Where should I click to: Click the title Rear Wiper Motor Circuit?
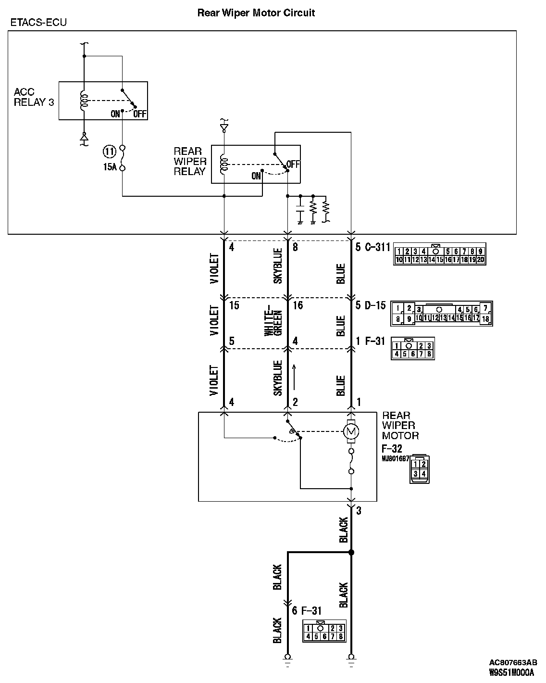(256, 13)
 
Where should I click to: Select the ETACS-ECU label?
(38, 23)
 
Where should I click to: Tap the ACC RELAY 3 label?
(34, 97)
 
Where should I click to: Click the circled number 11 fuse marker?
(110, 152)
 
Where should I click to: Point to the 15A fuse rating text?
(110, 168)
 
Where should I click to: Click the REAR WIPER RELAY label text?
(189, 161)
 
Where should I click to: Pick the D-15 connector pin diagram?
(442, 314)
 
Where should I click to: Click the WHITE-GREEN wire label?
(273, 320)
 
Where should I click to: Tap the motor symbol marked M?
(351, 430)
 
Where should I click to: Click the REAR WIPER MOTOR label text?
(400, 425)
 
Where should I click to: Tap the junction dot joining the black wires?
(351, 553)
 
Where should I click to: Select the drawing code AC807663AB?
(513, 662)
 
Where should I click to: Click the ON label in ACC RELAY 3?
(115, 114)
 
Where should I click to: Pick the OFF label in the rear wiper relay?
(293, 164)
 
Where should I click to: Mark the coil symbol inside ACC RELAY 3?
(84, 101)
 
